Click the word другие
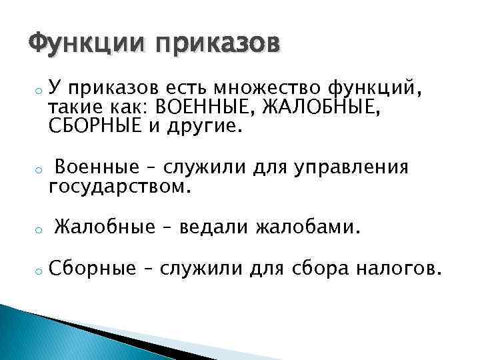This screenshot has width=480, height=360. pos(204,125)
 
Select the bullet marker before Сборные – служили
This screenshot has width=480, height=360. pos(40,271)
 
